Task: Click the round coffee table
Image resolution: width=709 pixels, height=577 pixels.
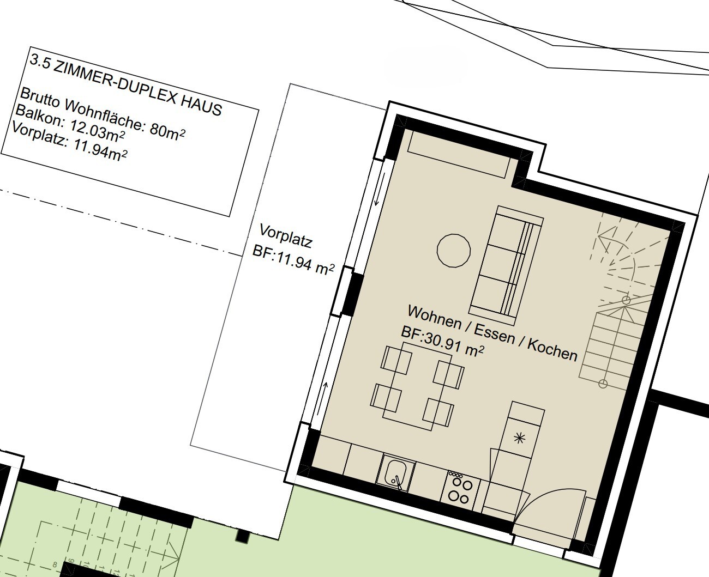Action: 454,251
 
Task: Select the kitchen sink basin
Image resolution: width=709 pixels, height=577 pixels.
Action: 395,472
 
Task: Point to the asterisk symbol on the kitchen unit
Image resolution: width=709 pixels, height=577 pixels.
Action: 519,438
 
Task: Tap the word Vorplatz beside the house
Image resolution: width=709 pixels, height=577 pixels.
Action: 286,236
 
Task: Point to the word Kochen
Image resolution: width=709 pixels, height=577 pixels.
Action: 552,350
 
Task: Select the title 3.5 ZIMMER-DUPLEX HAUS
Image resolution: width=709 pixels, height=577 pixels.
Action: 126,85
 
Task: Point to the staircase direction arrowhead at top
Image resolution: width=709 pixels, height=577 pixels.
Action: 603,238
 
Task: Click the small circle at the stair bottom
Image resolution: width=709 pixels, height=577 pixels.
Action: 603,384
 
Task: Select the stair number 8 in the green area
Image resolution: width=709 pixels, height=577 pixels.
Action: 55,564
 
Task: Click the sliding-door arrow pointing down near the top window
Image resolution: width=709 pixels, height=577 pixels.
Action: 380,189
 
